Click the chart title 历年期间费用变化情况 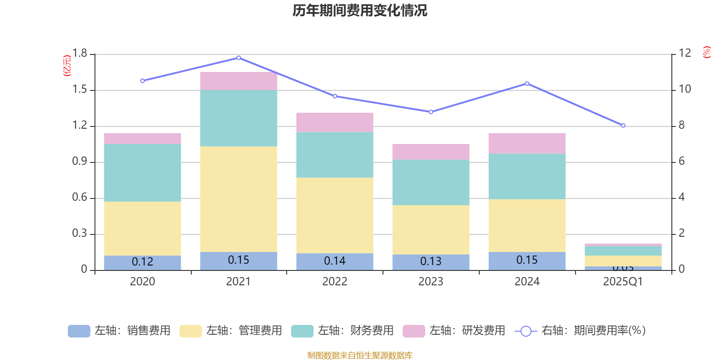[x=360, y=10]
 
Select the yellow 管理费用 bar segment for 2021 [x=238, y=199]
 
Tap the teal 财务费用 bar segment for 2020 [x=143, y=172]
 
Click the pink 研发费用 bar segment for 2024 [x=527, y=144]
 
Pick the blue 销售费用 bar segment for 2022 [x=335, y=261]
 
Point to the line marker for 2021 [x=238, y=58]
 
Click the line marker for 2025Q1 [x=623, y=126]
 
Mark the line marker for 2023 [x=431, y=112]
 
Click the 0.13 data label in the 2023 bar [x=431, y=261]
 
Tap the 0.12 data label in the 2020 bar [x=143, y=262]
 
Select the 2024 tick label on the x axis [x=527, y=282]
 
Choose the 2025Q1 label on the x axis [x=623, y=282]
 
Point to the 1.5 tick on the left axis [x=80, y=90]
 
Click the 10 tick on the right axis [x=684, y=89]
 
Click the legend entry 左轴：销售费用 [x=119, y=331]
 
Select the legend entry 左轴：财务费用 [x=342, y=331]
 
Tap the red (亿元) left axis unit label [x=67, y=66]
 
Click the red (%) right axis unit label [x=707, y=52]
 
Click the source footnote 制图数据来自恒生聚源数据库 [x=360, y=355]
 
